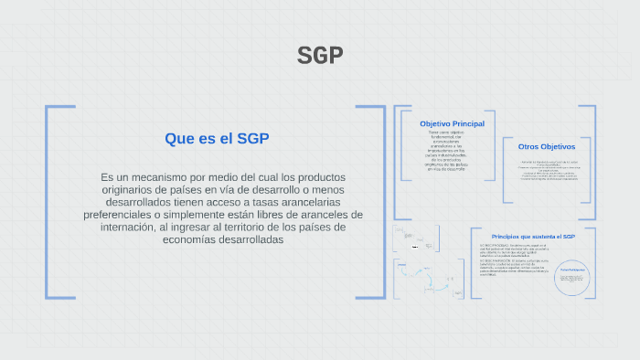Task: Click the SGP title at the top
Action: pyautogui.click(x=320, y=56)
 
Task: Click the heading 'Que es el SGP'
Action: pyautogui.click(x=217, y=139)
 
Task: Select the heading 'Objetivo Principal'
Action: pyautogui.click(x=452, y=123)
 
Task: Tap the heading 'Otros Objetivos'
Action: pyautogui.click(x=546, y=146)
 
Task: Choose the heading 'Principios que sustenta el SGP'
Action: pyautogui.click(x=532, y=236)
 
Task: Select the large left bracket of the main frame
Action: pyautogui.click(x=48, y=201)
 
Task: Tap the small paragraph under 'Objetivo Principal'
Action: pyautogui.click(x=447, y=151)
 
